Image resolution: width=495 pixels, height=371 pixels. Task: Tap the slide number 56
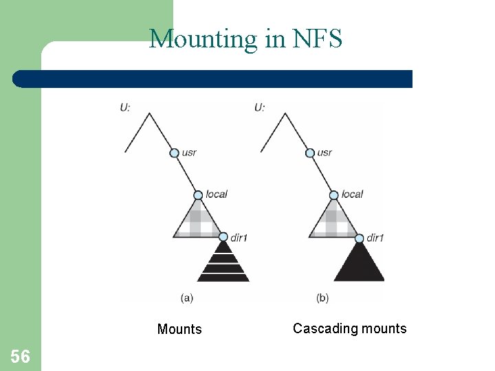coord(20,356)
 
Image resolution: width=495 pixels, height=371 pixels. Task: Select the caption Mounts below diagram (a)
coord(179,329)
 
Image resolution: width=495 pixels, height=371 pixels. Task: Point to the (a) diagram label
coord(186,297)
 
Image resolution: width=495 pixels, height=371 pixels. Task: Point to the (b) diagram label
coord(322,297)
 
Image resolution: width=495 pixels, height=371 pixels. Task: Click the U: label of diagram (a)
coord(124,107)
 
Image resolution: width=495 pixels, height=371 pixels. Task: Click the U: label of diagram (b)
coord(259,107)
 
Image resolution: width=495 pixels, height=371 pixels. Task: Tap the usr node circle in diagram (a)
coord(174,153)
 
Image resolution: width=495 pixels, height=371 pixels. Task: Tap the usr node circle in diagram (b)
coord(309,153)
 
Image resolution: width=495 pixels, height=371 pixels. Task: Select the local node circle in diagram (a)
coord(199,194)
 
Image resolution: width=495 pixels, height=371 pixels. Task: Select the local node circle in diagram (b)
coord(334,194)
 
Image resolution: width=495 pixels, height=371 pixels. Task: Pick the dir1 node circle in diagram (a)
coord(223,237)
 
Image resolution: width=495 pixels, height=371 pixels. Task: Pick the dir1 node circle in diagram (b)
coord(359,238)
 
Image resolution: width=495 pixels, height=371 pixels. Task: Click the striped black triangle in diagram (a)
coord(223,264)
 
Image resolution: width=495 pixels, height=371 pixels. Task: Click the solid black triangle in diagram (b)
coord(359,265)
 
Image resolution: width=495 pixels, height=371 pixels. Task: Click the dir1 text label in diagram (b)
coord(375,238)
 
